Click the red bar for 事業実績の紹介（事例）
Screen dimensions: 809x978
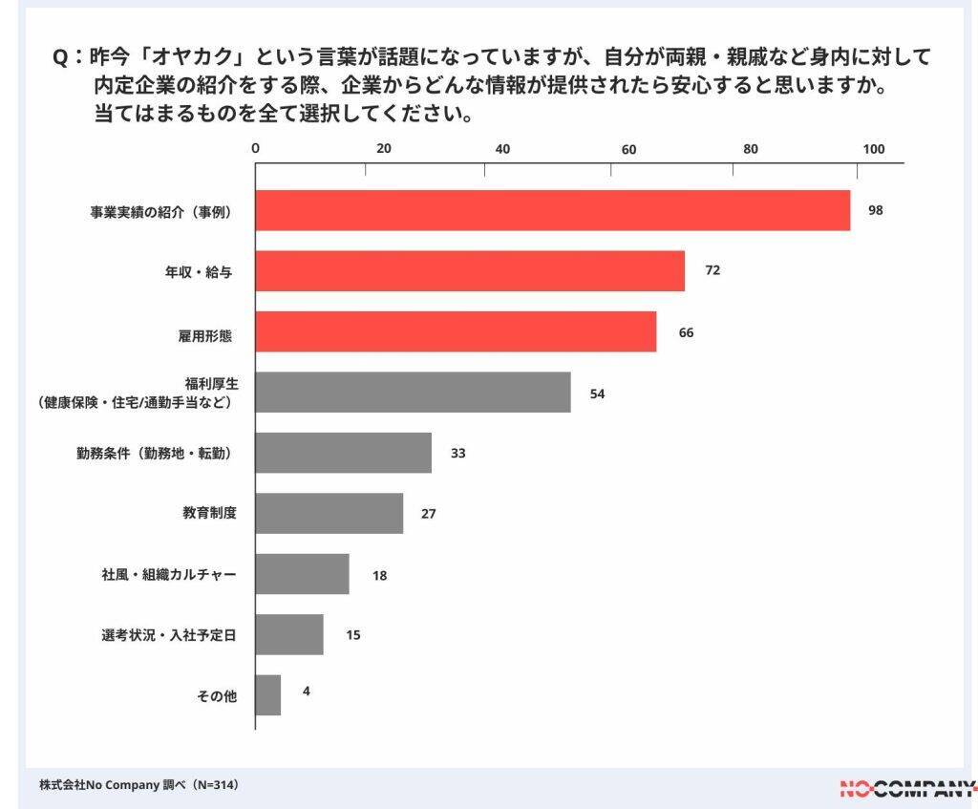point(552,210)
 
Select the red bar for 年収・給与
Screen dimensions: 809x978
point(470,271)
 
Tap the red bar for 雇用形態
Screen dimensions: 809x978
point(456,331)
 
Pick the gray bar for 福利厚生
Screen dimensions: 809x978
point(413,393)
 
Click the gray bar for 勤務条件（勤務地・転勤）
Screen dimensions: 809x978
point(343,453)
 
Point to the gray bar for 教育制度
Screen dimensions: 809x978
point(329,513)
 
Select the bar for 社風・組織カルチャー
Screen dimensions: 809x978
point(302,574)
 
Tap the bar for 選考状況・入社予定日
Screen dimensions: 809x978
point(289,634)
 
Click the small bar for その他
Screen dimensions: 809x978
point(268,695)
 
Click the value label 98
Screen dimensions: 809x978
point(875,210)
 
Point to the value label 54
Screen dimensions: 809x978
point(597,393)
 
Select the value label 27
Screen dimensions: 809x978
point(429,514)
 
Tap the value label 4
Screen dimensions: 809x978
point(306,690)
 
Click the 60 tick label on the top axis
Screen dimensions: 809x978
point(628,149)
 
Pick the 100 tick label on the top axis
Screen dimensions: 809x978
point(874,149)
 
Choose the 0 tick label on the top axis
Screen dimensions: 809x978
point(255,149)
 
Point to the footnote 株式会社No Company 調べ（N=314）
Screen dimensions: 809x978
point(138,785)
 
